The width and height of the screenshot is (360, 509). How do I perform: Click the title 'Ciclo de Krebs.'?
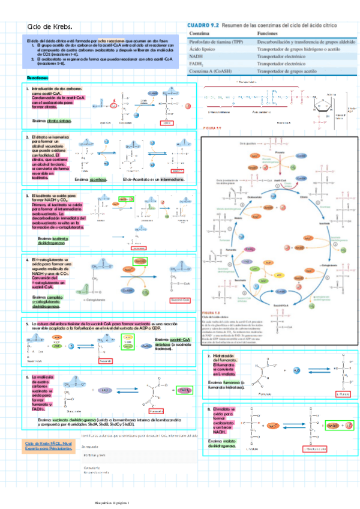tap(50, 28)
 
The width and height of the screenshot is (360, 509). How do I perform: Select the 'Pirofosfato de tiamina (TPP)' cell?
tap(216, 43)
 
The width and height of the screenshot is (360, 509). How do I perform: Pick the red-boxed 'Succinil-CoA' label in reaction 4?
tap(180, 300)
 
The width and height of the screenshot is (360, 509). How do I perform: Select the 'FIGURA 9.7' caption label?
tap(212, 128)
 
